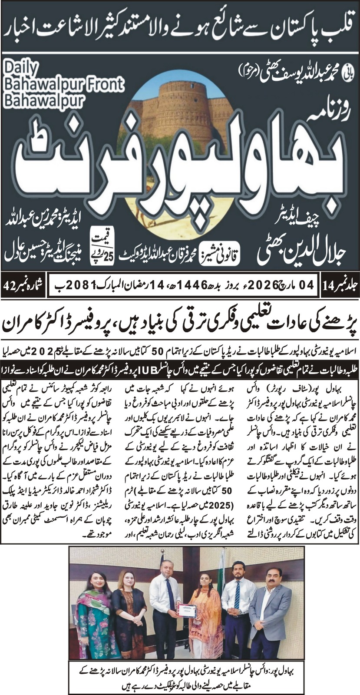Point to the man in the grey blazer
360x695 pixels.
point(269,608)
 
